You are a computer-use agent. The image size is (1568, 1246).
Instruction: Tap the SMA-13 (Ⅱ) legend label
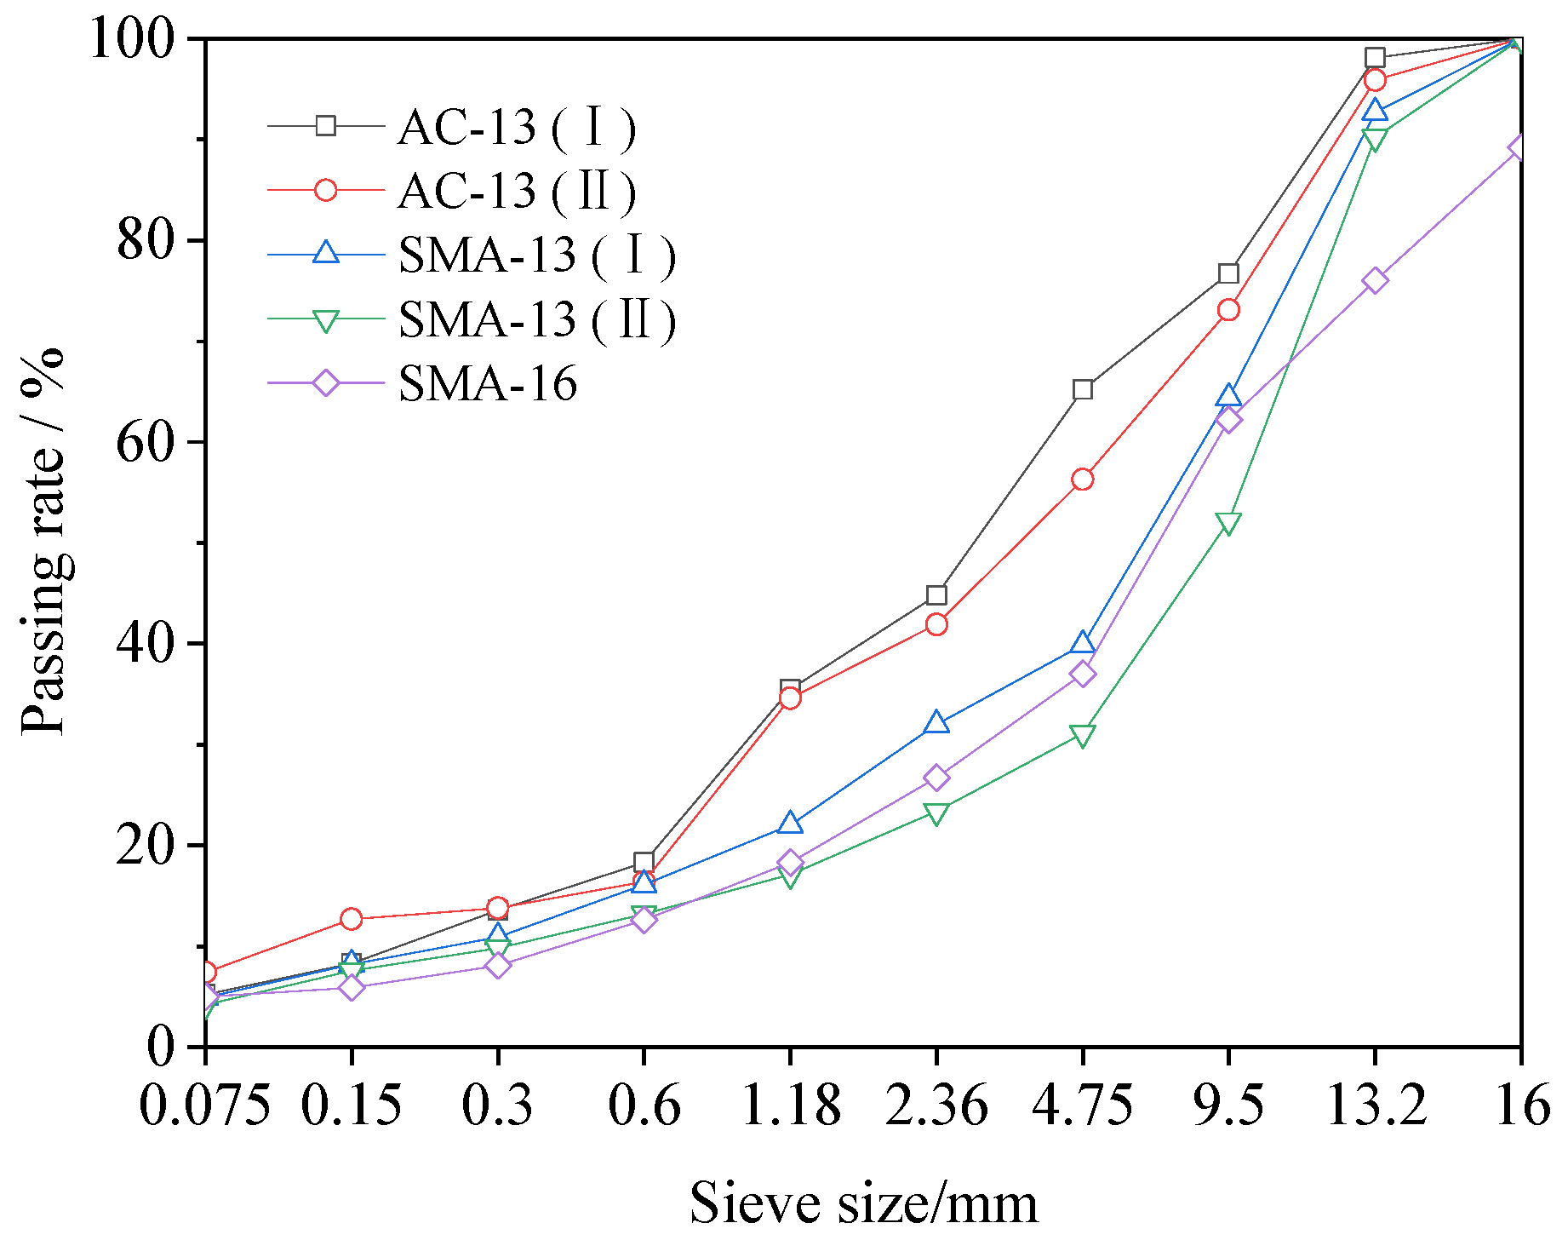pos(536,320)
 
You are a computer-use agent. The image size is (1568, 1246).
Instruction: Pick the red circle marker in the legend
pos(326,190)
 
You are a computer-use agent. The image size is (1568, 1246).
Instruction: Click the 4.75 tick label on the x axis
pos(1082,1106)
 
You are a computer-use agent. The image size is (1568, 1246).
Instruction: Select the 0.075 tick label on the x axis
pos(204,1106)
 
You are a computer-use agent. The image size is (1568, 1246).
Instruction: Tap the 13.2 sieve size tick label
pos(1375,1106)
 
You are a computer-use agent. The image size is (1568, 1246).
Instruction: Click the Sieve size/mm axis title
pos(863,1203)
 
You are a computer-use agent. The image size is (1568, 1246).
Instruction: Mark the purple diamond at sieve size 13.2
pos(1375,280)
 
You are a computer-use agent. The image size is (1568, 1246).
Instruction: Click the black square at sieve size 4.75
pos(1083,389)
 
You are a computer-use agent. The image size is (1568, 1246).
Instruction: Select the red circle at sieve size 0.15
pos(351,918)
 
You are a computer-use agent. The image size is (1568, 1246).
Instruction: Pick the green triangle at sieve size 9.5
pos(1228,523)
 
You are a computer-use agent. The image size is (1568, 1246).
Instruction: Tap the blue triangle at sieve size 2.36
pos(936,723)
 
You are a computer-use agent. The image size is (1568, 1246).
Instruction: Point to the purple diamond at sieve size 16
pos(1518,147)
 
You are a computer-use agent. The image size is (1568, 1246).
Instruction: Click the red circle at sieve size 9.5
pos(1228,309)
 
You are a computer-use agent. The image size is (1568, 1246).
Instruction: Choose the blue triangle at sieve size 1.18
pos(790,824)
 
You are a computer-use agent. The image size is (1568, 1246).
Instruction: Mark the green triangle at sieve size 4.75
pos(1083,735)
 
